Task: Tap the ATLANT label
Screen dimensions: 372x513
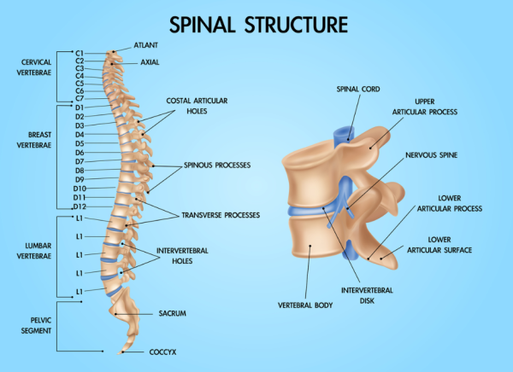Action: [145, 45]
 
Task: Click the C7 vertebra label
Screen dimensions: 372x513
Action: [80, 99]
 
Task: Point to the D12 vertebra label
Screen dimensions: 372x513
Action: [80, 206]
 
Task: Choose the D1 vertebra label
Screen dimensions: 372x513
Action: [80, 108]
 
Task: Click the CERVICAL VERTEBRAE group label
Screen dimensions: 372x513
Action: [35, 67]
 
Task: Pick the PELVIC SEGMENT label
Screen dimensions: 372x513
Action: [35, 326]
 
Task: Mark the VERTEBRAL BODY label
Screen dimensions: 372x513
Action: [304, 304]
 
